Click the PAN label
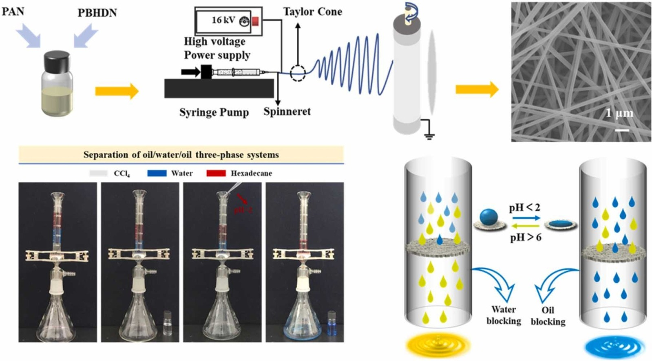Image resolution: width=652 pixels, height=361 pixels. pos(13,11)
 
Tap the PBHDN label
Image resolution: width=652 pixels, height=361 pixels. pos(97,13)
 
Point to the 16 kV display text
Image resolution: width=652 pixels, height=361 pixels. pos(223,20)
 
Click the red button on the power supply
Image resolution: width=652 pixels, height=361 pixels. pos(255,21)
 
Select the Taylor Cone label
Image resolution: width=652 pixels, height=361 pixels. pos(312,12)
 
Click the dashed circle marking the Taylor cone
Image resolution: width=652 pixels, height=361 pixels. pos(298,73)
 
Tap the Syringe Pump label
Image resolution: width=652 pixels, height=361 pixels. pos(214,112)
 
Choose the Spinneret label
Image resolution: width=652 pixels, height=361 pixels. pos(287,111)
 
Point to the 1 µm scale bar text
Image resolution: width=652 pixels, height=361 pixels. pos(619,113)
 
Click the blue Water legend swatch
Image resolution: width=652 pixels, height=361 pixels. pos(157,173)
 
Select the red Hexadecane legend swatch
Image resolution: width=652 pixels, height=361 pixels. pos(216,173)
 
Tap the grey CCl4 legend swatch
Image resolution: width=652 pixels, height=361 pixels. pos(98,173)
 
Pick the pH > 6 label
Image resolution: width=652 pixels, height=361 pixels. pos(525,237)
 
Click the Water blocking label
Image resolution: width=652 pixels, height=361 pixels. pos(504,315)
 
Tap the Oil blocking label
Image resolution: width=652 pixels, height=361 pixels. pos(548,316)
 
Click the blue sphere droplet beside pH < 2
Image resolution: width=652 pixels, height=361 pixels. pos(489,216)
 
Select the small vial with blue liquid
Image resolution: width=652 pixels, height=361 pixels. pos(331,324)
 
